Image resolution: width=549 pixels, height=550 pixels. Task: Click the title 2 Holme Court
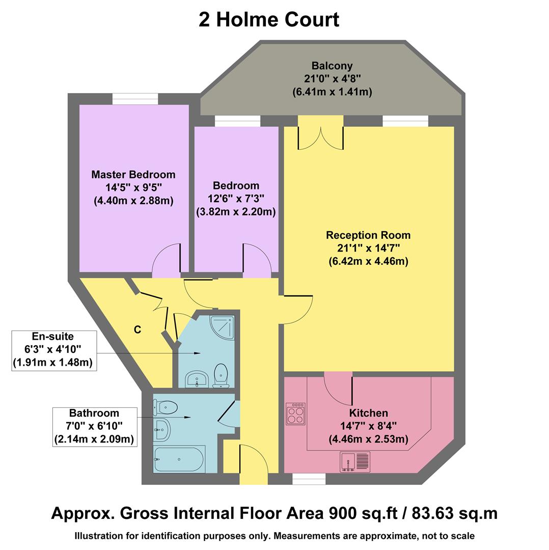[268, 20]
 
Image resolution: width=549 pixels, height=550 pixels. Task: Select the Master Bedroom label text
[133, 175]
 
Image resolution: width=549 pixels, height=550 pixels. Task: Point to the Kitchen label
[368, 413]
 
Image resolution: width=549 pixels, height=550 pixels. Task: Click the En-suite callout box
[54, 350]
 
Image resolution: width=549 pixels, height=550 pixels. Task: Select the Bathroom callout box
[94, 426]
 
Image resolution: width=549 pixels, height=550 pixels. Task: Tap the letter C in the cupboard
[138, 330]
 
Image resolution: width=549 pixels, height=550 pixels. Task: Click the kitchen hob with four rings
[295, 414]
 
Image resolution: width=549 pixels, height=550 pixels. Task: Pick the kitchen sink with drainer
[355, 461]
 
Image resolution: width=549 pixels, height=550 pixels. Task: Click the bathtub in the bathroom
[179, 459]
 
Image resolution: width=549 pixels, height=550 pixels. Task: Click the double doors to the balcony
[321, 133]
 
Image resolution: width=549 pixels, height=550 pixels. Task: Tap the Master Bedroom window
[135, 99]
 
